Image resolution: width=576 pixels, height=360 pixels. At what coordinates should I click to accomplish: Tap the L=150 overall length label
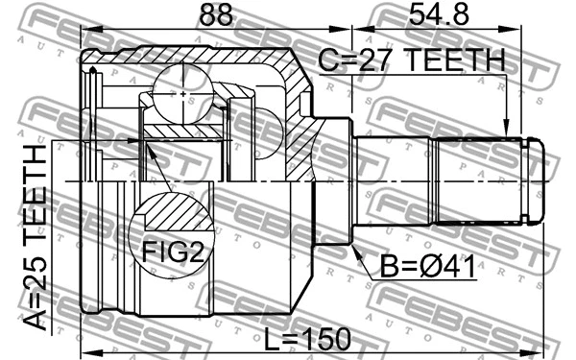point(307,339)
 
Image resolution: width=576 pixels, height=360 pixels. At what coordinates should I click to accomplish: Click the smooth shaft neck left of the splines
point(394,180)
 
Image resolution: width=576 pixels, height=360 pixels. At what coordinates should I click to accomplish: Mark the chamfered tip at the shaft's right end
point(537,180)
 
